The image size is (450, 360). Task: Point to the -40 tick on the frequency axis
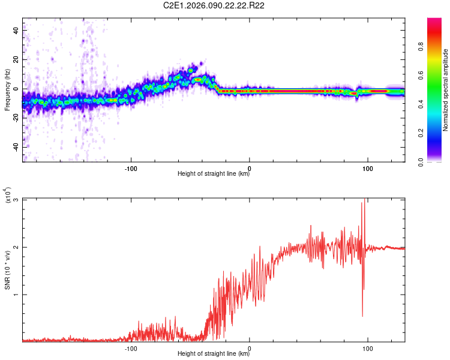tap(15, 147)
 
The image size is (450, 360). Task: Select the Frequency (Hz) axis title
tap(7, 90)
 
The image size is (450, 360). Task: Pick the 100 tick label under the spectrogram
tap(367, 168)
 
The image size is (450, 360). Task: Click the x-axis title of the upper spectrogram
tap(214, 174)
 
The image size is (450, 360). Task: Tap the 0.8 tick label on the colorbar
tap(439, 46)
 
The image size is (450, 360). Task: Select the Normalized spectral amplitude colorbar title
tap(446, 90)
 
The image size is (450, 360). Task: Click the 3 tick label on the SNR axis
tap(16, 200)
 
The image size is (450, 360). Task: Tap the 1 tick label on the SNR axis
tap(16, 295)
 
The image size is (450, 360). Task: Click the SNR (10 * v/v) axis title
tap(7, 270)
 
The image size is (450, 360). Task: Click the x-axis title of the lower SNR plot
tap(214, 354)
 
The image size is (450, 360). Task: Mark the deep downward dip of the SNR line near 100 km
tap(362, 316)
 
